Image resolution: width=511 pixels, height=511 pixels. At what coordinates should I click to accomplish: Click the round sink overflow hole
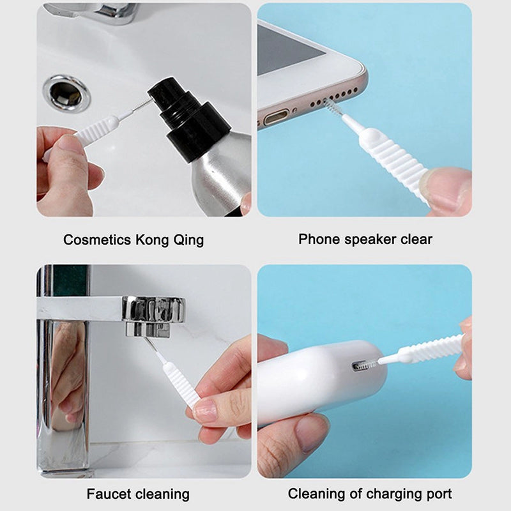tap(66, 93)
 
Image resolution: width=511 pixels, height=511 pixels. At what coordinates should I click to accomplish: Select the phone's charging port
tap(277, 118)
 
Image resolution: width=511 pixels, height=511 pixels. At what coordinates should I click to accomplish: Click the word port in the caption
tap(438, 493)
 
